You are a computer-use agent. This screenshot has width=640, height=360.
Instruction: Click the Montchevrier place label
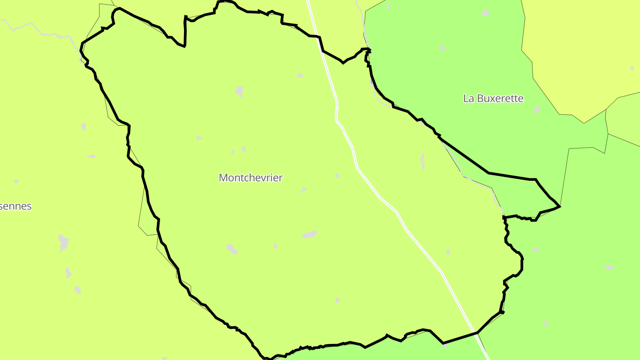(x=251, y=178)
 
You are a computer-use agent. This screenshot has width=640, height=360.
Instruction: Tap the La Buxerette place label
(x=493, y=98)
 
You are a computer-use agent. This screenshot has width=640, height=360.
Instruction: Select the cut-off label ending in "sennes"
(x=16, y=206)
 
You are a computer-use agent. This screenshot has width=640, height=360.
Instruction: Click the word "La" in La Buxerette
(x=468, y=98)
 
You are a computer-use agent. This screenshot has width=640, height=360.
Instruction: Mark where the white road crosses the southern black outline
(x=477, y=332)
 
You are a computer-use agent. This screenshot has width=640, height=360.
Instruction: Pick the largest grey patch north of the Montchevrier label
(x=240, y=91)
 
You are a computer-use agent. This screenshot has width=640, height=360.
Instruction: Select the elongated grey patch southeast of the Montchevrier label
(x=310, y=234)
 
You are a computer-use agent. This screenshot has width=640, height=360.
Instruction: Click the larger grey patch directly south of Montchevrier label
(x=231, y=248)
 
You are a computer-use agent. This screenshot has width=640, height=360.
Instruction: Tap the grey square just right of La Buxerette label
(x=537, y=110)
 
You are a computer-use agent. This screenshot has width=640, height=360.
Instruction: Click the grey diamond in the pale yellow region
(x=632, y=68)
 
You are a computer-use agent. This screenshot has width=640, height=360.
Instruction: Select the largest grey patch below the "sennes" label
(x=64, y=242)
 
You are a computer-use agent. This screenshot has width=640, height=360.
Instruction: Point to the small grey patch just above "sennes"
(x=16, y=181)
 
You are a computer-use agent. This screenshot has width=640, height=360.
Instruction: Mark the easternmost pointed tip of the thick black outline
(x=560, y=206)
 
